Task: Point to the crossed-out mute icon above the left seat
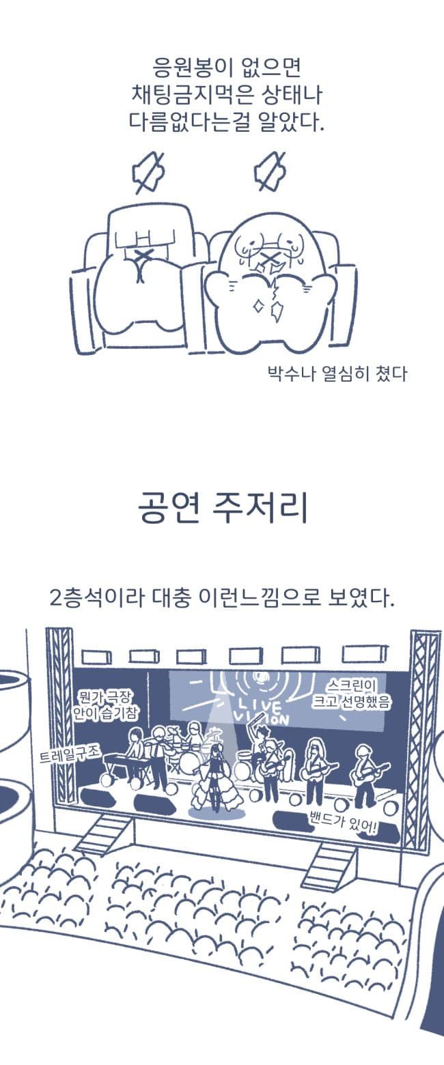tap(147, 173)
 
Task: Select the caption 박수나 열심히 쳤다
tap(337, 373)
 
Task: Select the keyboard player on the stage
tap(135, 750)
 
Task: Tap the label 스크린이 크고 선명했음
tap(350, 694)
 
